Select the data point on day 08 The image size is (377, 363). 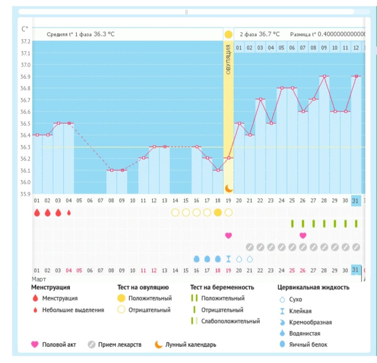point(111,170)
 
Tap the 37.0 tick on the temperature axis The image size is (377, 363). point(26,65)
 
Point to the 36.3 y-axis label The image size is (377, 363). point(26,147)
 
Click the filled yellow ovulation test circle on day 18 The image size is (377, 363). point(218,212)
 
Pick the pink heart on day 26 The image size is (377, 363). point(303,235)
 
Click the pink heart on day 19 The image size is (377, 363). point(228,235)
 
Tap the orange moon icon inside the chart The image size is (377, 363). point(228,188)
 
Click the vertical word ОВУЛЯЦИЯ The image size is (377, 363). point(228,59)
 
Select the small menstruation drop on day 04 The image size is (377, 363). point(69,212)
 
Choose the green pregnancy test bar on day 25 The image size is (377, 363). point(292,224)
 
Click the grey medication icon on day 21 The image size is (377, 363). point(250,247)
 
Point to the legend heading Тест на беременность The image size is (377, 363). point(222,287)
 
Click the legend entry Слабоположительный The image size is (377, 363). point(230,321)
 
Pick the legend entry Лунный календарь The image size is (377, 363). point(191,345)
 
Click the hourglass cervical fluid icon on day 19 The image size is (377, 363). point(228,259)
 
